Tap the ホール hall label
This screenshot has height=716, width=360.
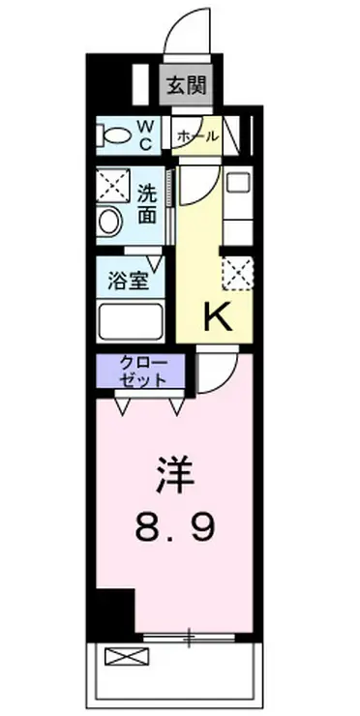click(x=196, y=137)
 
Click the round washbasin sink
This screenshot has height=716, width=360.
click(x=108, y=222)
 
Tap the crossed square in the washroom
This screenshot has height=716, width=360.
click(x=111, y=184)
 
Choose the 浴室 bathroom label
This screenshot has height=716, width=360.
click(x=128, y=282)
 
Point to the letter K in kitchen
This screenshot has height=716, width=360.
click(x=215, y=317)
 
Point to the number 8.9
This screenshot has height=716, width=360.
click(x=174, y=528)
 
